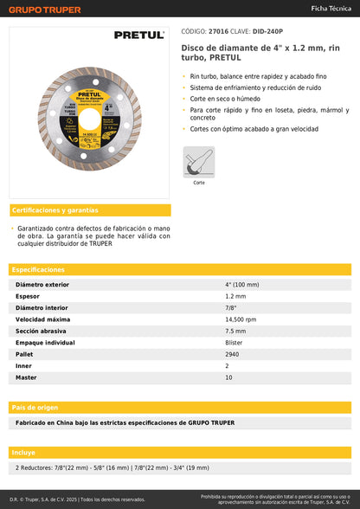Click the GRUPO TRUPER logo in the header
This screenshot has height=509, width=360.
(x=45, y=10)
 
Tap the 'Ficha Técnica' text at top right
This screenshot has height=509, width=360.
(x=331, y=8)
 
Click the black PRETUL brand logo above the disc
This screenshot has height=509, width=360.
(x=138, y=35)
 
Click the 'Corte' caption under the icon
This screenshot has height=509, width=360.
(x=198, y=183)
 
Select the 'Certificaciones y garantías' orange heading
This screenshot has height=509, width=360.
(x=55, y=210)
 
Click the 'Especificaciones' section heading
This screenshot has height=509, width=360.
(x=38, y=270)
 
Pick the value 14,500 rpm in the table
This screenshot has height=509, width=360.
(x=241, y=319)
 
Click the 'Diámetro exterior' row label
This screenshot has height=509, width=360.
(x=42, y=284)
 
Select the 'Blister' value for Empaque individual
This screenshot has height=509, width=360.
(x=234, y=343)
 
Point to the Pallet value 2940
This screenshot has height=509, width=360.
(x=232, y=354)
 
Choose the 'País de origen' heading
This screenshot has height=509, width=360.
(x=35, y=407)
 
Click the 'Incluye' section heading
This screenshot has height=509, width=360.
(x=24, y=453)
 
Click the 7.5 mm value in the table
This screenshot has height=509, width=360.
(x=235, y=331)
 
